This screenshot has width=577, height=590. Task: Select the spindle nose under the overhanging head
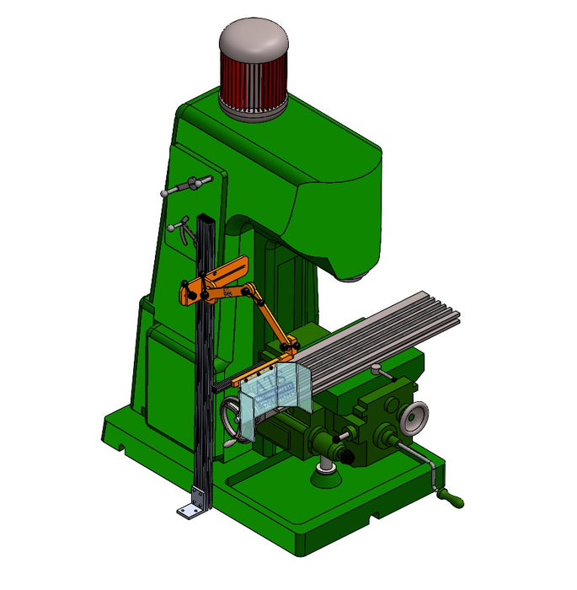pyautogui.click(x=355, y=276)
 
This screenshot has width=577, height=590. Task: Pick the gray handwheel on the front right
pyautogui.click(x=414, y=416)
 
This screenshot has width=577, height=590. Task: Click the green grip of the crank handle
pyautogui.click(x=452, y=501)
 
